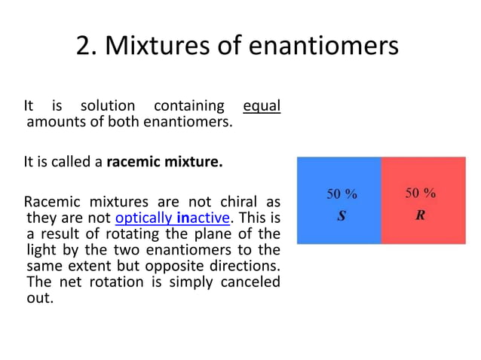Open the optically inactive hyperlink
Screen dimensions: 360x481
tap(173, 218)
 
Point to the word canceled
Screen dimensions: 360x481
tap(251, 281)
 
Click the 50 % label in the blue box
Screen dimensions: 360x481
tap(342, 194)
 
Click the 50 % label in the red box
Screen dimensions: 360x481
tap(421, 193)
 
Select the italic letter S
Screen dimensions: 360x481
tap(341, 216)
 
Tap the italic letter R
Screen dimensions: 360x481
tap(420, 215)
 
